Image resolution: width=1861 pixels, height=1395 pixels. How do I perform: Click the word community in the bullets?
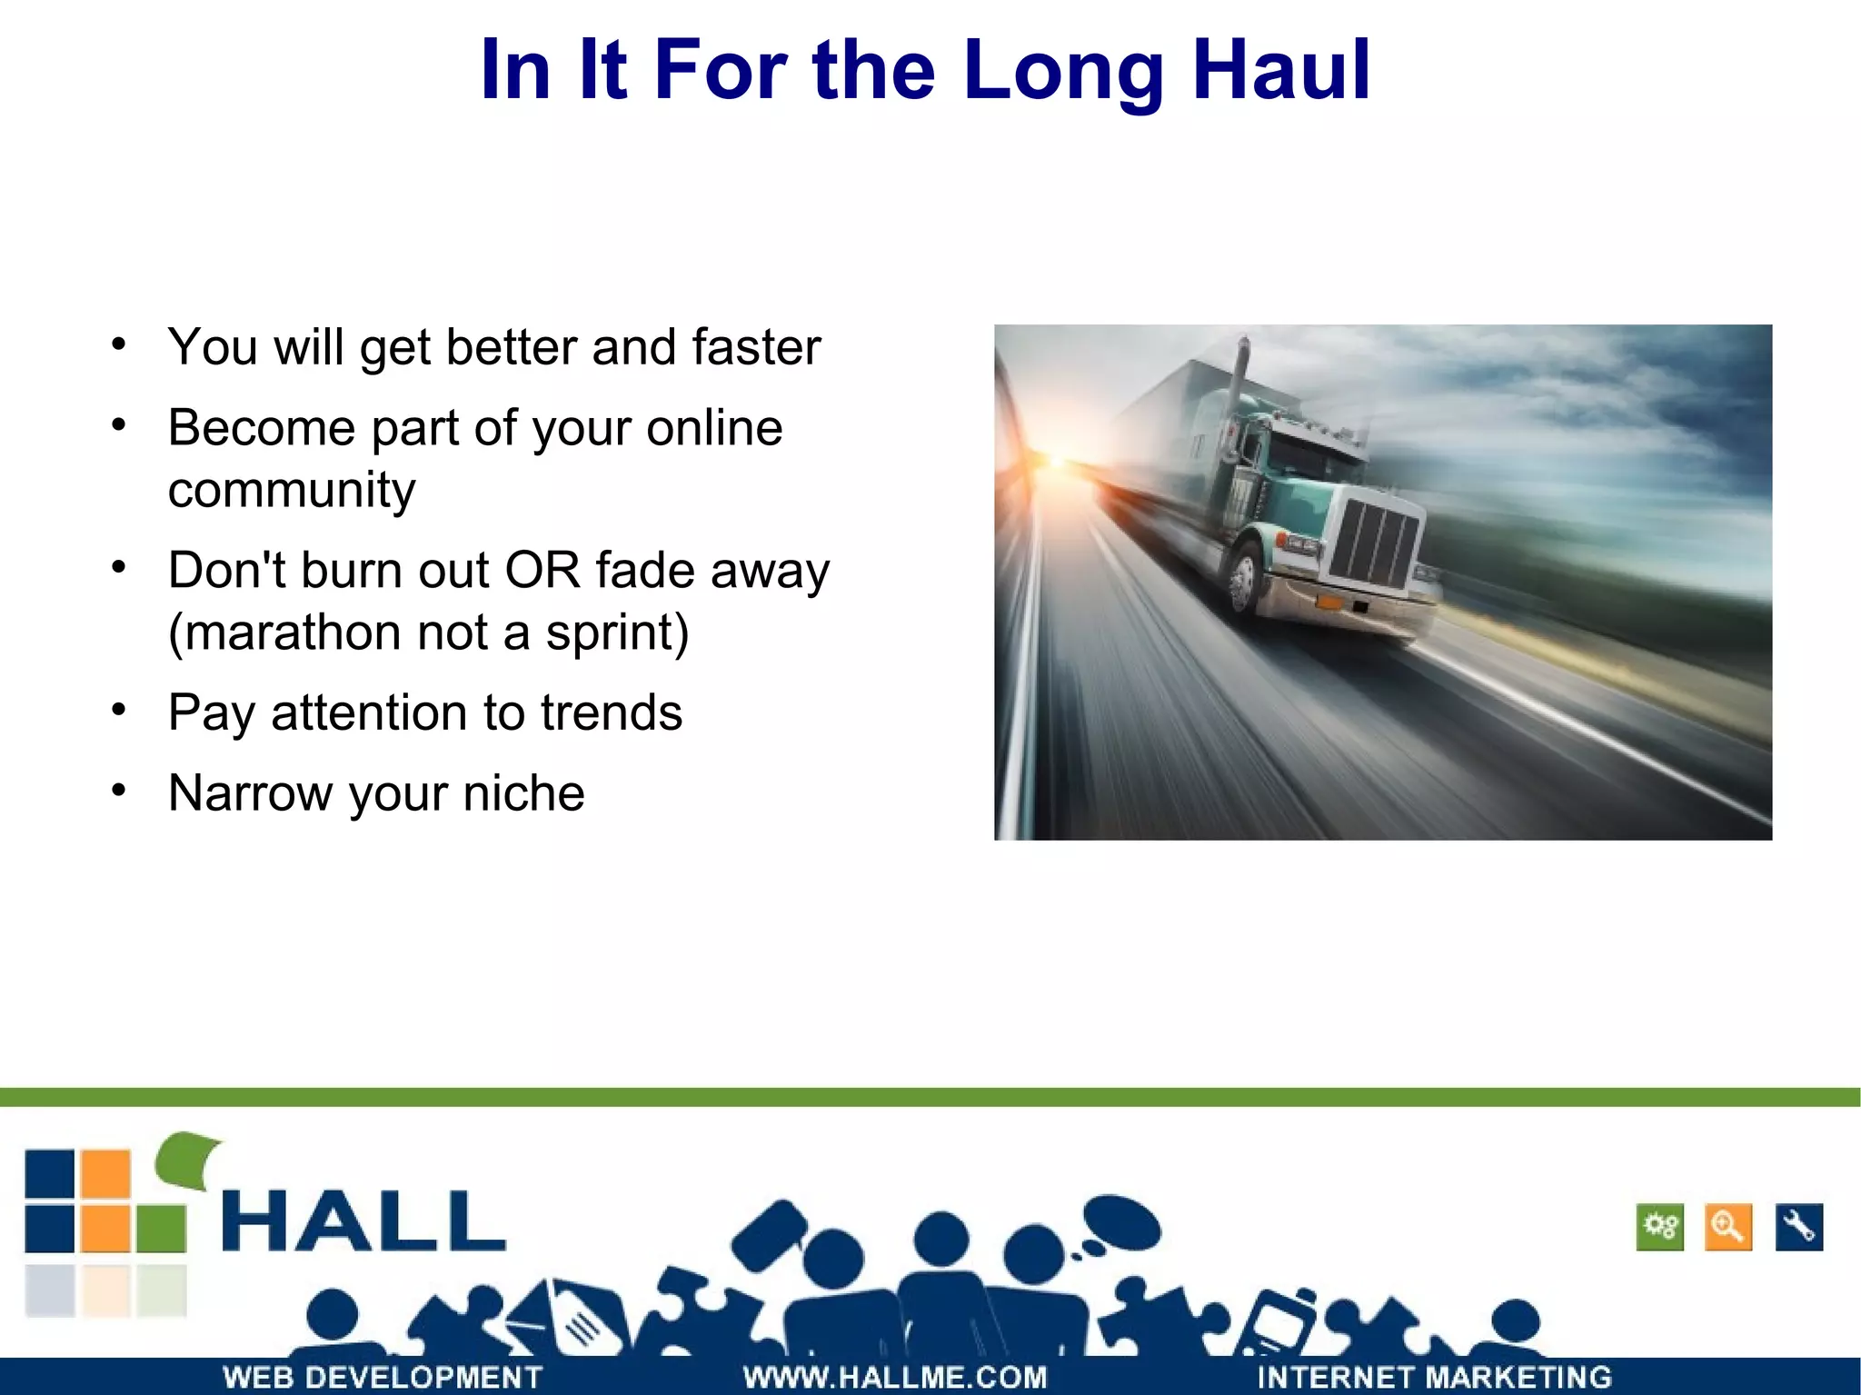point(292,492)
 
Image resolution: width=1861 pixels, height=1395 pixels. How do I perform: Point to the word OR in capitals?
point(542,571)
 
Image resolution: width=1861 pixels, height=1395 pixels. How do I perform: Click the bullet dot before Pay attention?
point(119,709)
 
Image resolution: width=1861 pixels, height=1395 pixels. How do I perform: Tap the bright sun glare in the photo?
point(1054,463)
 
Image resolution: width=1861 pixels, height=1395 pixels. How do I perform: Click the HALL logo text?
point(363,1222)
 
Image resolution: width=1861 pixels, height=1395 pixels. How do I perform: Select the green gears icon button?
point(1659,1227)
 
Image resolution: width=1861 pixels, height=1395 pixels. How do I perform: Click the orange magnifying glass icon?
point(1727,1227)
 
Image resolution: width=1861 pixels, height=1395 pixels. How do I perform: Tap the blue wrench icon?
point(1798,1227)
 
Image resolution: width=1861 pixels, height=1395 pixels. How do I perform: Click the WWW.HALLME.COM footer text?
point(894,1377)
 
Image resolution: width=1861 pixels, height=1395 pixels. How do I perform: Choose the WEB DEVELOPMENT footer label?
point(382,1377)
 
